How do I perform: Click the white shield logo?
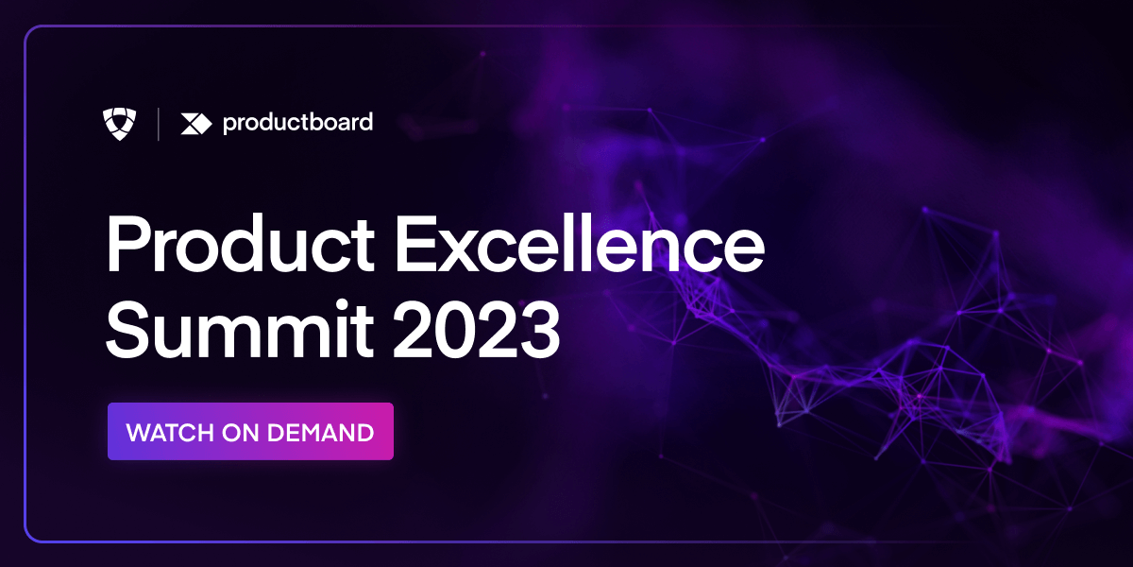[119, 123]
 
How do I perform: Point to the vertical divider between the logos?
[158, 123]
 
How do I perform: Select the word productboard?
[297, 123]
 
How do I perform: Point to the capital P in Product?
[126, 247]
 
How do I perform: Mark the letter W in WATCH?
[138, 433]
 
